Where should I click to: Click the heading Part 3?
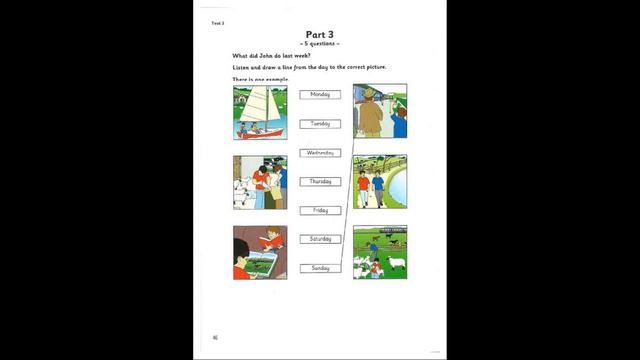[321, 34]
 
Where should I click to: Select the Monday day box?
[320, 95]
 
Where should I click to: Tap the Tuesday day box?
[320, 124]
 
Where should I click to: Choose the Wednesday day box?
[320, 153]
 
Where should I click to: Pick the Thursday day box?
[320, 182]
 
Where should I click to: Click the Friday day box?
[320, 211]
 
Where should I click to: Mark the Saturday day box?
[320, 239]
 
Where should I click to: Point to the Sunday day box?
[320, 268]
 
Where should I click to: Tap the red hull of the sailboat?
[257, 132]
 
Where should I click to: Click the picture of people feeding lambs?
[260, 182]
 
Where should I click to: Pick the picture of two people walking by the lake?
[380, 182]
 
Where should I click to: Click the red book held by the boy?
[265, 241]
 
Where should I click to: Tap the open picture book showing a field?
[263, 265]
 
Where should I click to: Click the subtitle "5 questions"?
[320, 44]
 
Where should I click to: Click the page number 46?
[214, 337]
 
